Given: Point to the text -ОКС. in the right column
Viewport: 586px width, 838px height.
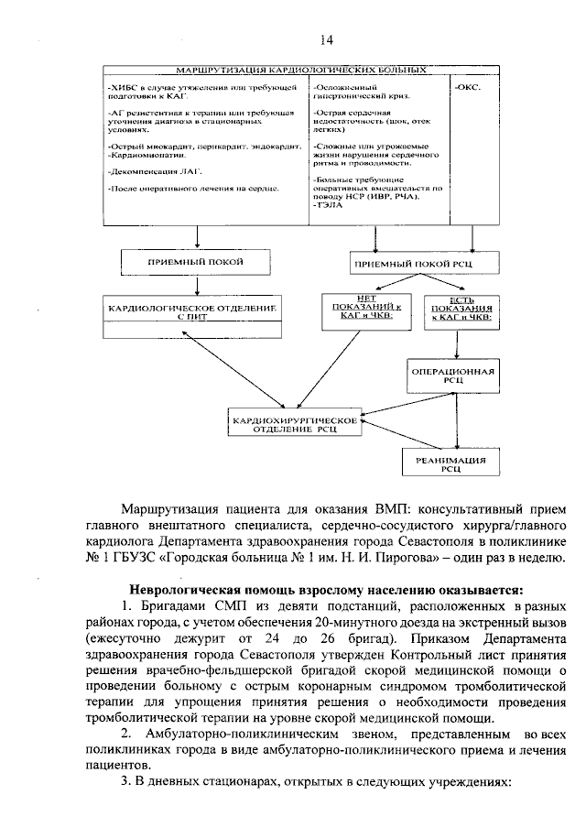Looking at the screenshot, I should (468, 86).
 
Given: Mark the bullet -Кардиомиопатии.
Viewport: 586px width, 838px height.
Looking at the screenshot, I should (147, 157).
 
